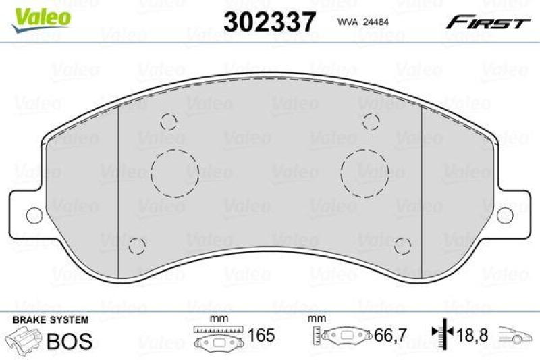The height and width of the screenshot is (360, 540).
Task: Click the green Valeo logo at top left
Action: pyautogui.click(x=43, y=15)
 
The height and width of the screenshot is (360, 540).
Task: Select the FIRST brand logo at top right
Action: pyautogui.click(x=485, y=23)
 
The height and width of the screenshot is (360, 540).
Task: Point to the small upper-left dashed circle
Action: pyautogui.click(x=169, y=122)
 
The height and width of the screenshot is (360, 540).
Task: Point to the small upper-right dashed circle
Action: pyautogui.click(x=370, y=122)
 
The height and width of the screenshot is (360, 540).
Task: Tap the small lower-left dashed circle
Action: pyautogui.click(x=137, y=246)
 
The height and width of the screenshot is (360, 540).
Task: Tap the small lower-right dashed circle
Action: pyautogui.click(x=403, y=246)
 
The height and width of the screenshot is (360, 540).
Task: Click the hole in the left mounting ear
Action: pyautogui.click(x=32, y=215)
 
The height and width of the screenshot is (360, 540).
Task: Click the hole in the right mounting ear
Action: pyautogui.click(x=508, y=215)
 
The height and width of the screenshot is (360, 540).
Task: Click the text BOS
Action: pyautogui.click(x=69, y=340)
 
